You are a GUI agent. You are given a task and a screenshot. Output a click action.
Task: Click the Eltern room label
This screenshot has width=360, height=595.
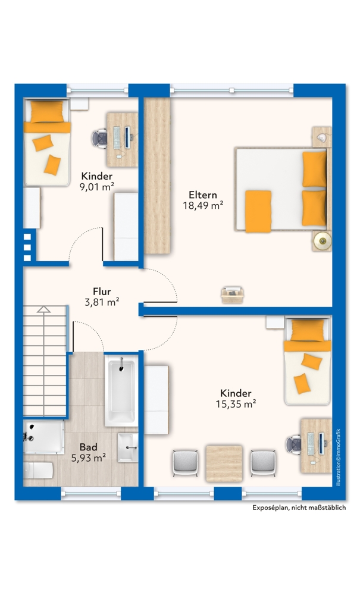click(x=203, y=195)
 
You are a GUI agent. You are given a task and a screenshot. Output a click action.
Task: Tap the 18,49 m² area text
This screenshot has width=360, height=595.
click(x=203, y=205)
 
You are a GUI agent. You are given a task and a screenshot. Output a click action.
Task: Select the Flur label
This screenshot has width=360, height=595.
click(x=102, y=292)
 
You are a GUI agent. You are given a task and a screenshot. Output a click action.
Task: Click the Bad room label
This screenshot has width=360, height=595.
click(x=89, y=447)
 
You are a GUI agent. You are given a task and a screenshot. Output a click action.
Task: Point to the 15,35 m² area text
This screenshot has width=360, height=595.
click(x=236, y=404)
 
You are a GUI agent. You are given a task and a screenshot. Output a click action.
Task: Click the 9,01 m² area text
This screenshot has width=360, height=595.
click(x=97, y=186)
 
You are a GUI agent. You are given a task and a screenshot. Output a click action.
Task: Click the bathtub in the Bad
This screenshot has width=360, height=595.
click(x=120, y=392)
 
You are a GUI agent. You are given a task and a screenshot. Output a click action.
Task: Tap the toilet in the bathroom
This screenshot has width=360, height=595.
click(x=38, y=471)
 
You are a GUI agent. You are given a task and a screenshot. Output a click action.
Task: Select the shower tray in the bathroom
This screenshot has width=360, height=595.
click(x=43, y=437)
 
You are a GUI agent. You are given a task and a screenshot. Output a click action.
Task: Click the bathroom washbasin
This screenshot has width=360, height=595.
click(x=128, y=448)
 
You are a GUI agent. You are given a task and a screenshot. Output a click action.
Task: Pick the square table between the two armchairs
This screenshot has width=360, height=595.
click(x=224, y=464)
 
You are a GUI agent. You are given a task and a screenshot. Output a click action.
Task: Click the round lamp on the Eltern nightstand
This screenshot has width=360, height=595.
click(x=323, y=240)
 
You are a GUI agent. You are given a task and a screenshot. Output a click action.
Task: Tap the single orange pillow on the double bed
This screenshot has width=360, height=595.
click(x=258, y=211)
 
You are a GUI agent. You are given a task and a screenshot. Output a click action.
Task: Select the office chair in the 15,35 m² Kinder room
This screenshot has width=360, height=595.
click(x=294, y=444)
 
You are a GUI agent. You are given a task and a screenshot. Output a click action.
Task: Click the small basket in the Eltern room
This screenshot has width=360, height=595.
click(x=232, y=295)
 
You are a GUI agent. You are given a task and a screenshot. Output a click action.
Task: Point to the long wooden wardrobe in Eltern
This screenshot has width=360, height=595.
click(x=156, y=176)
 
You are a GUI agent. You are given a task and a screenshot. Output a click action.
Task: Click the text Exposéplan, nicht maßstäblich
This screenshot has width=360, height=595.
click(x=299, y=508)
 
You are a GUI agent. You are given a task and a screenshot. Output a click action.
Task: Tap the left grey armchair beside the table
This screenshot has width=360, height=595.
click(x=186, y=463)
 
